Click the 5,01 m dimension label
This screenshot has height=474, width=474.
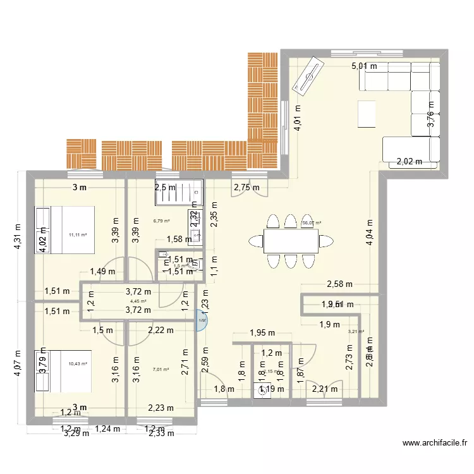point(364,66)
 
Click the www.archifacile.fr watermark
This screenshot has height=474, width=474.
point(434,444)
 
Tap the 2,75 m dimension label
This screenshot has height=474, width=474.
point(246,188)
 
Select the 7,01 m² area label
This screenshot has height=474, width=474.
point(161,370)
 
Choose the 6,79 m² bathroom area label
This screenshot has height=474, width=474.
point(161,221)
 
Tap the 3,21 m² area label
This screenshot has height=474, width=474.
point(355,331)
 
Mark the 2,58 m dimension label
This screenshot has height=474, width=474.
point(339,284)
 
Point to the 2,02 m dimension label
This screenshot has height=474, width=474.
point(409,162)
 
